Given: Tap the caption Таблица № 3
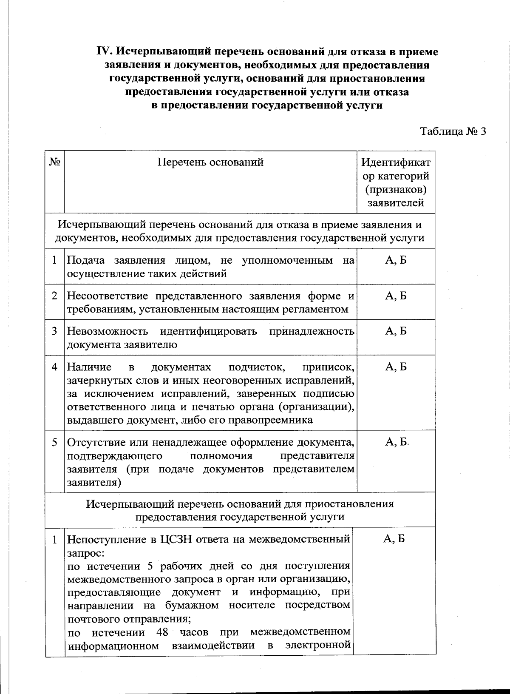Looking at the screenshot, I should [453, 131].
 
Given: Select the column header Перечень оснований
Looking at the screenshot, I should [210, 162].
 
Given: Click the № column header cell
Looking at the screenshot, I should [54, 162].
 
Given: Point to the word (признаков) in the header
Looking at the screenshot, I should [396, 189].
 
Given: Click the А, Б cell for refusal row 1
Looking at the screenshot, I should [396, 260].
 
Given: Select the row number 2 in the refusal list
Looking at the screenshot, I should [54, 296].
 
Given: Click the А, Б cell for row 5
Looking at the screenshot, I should [396, 442].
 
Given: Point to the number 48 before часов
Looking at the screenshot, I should [163, 632].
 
